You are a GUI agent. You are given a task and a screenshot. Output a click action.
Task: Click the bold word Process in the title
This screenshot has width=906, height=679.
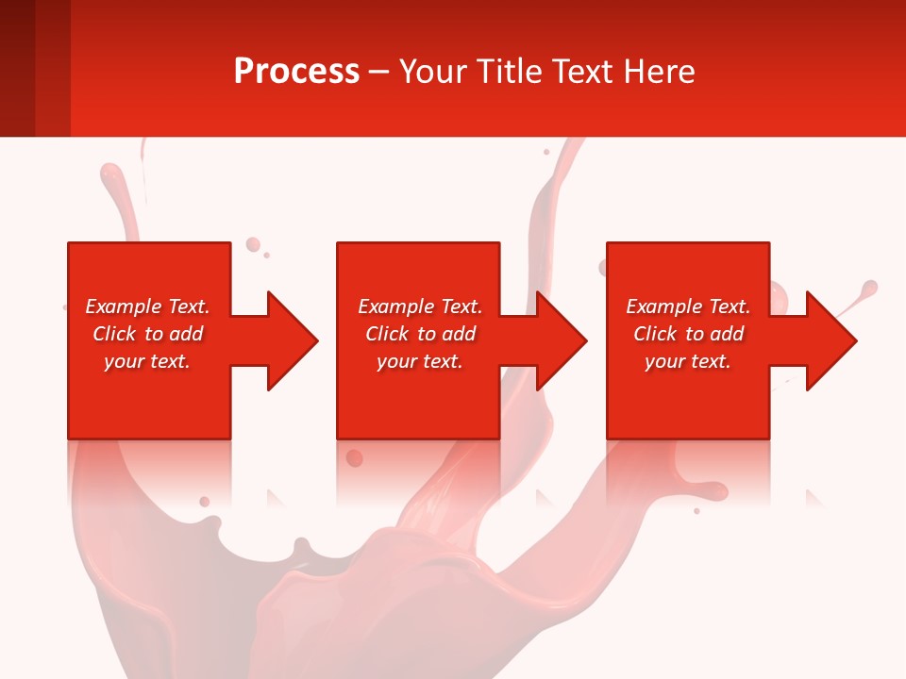(296, 72)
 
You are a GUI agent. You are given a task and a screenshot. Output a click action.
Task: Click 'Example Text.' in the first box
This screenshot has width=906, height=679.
(147, 306)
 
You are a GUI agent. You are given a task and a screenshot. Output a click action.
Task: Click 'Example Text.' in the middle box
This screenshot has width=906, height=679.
(420, 306)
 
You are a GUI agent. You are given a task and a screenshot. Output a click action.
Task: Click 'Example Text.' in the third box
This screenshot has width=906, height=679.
(688, 306)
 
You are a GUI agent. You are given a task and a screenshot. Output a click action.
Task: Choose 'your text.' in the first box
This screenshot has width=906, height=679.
(147, 361)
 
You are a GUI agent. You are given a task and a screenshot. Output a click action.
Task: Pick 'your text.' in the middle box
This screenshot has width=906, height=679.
(420, 361)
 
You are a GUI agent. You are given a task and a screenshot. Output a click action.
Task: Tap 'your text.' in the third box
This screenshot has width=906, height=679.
(688, 361)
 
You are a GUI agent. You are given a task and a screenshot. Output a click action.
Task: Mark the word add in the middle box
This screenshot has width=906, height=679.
(459, 334)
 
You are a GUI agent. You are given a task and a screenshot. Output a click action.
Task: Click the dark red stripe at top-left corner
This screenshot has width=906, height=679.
(17, 68)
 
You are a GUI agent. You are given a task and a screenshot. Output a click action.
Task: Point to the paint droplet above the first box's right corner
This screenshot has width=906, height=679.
(253, 245)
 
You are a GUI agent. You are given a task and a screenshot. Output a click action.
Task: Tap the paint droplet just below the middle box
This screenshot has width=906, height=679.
(354, 458)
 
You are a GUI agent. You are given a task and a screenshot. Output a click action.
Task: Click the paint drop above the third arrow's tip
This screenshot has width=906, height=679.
(869, 288)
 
